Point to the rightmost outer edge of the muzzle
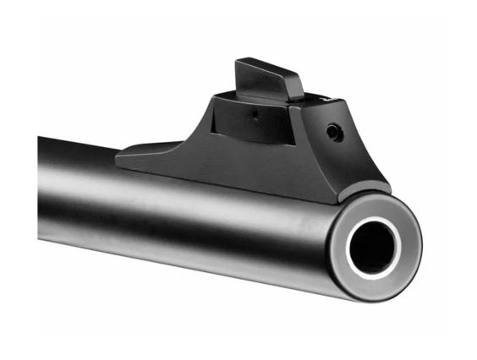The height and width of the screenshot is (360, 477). (420, 245)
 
